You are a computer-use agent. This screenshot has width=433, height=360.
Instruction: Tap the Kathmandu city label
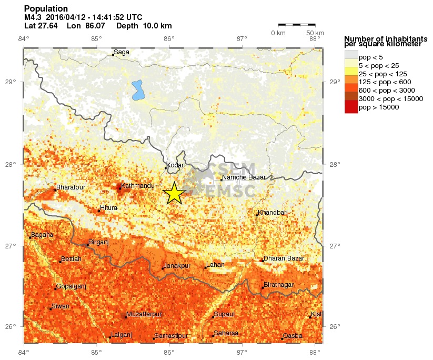pos(137,186)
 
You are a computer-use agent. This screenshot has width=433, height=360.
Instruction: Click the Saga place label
pos(122,52)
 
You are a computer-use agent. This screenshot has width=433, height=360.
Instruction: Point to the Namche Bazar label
pos(244,177)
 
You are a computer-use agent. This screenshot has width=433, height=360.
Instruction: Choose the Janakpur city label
pos(177,266)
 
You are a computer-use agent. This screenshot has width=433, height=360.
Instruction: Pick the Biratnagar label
pos(278,285)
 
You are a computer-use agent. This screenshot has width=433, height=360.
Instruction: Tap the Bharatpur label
pos(71,187)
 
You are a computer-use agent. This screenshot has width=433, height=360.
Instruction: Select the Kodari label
pos(176,165)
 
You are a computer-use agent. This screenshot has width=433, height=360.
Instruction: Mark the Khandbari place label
pos(273,212)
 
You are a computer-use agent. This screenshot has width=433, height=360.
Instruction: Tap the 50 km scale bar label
pos(315,33)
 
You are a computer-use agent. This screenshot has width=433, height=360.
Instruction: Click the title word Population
pos(46,8)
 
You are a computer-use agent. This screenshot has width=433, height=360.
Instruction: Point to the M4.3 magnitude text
pos(34,17)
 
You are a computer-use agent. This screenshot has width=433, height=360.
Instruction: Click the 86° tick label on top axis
pos(169,38)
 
